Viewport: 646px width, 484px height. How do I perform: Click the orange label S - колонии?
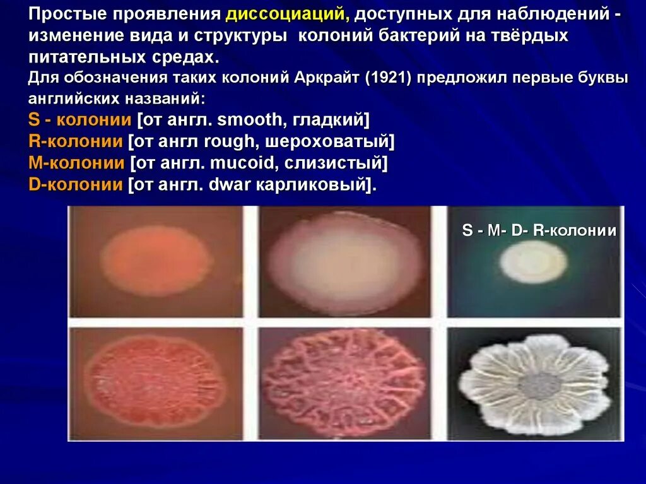point(80,120)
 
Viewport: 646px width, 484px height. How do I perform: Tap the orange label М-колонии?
point(76,163)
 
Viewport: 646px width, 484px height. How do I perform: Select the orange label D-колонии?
point(76,185)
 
